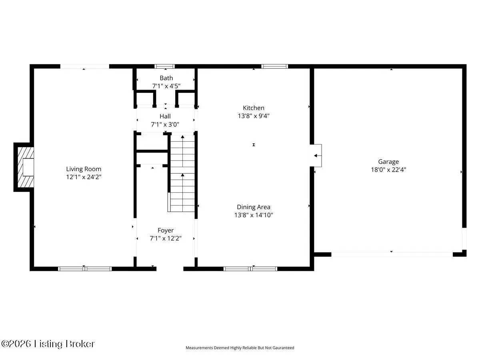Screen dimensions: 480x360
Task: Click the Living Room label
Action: (x=84, y=169)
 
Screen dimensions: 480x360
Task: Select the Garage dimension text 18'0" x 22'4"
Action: (x=388, y=170)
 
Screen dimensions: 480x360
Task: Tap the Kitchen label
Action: (x=254, y=108)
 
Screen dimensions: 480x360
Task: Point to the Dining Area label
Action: (x=254, y=207)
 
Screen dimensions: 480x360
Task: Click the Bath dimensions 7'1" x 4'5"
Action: (x=166, y=86)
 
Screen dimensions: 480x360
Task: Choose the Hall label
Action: (x=165, y=116)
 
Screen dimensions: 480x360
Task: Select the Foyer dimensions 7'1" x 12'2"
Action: (x=166, y=238)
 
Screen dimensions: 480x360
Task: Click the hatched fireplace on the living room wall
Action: (x=26, y=167)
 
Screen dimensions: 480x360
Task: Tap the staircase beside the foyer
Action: (x=182, y=173)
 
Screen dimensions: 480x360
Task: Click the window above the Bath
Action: (x=164, y=66)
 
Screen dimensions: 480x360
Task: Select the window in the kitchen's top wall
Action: (x=274, y=66)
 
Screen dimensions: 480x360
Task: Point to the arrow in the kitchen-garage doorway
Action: (x=317, y=156)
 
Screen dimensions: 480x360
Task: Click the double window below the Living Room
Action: (x=85, y=269)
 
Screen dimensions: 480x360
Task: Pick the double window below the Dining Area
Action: (x=250, y=269)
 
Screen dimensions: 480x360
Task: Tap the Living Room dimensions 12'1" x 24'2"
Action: (x=84, y=177)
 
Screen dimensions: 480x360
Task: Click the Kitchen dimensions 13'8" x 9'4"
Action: (x=254, y=116)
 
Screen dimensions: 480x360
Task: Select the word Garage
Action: (x=388, y=162)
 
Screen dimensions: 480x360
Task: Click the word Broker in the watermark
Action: (x=80, y=344)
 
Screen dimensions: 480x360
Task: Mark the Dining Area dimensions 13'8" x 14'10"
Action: (x=254, y=215)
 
